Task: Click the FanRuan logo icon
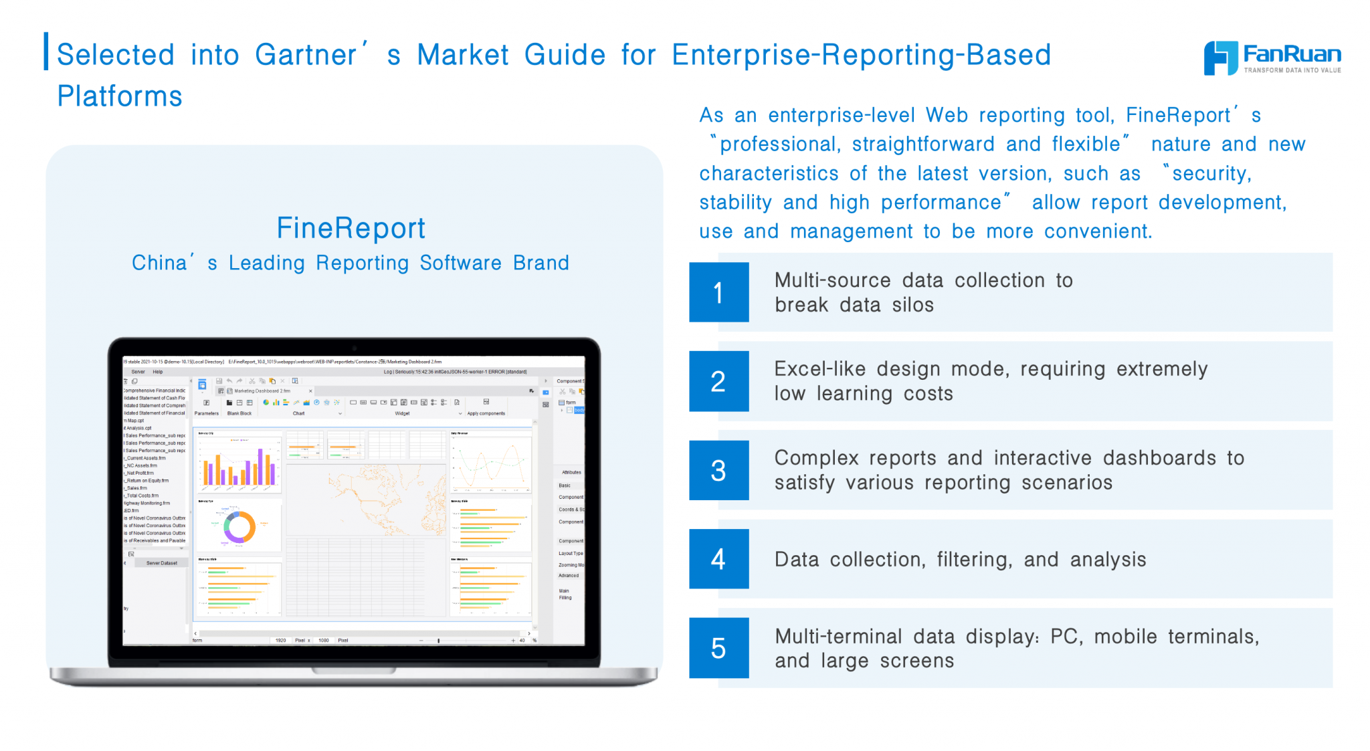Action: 1220,58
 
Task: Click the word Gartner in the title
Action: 306,55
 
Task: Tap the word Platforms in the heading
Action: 120,96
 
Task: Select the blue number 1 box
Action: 718,292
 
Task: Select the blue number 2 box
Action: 718,381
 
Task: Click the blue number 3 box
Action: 718,470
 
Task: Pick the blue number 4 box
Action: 718,559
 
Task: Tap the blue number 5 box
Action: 718,648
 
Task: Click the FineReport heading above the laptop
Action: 351,228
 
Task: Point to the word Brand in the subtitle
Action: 541,263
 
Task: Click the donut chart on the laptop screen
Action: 239,527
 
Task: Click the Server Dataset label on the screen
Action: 162,563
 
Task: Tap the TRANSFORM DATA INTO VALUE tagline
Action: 1292,70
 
